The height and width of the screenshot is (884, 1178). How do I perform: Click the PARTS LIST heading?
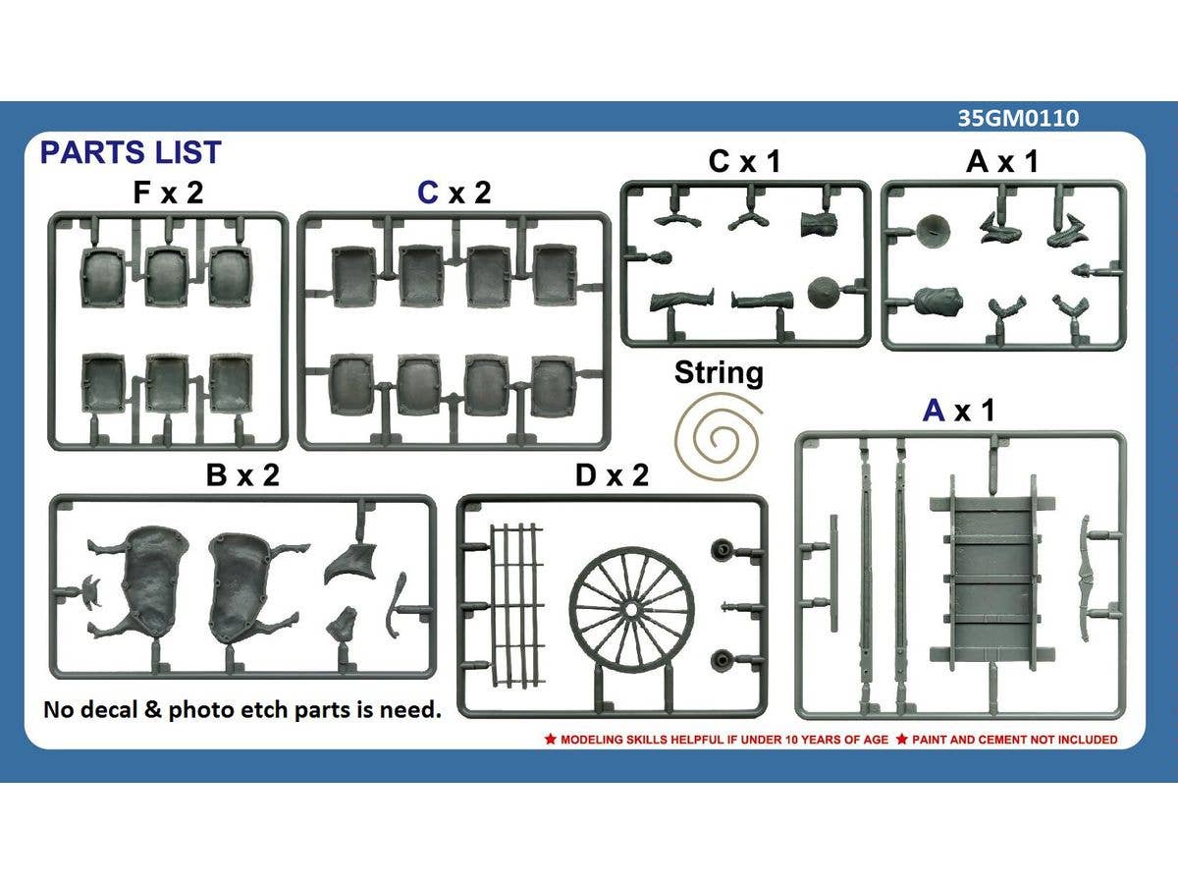coord(130,152)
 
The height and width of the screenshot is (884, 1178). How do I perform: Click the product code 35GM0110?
coord(1018,118)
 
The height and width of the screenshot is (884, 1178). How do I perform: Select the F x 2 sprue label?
coord(168,193)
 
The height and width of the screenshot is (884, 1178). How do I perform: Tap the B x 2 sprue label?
coord(242,475)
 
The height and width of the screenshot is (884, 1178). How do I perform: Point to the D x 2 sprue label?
coord(613,475)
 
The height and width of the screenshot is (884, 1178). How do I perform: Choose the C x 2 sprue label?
coord(454,193)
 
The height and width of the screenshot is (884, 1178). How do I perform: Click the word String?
coord(719,373)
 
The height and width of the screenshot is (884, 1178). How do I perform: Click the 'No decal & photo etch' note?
coord(241,709)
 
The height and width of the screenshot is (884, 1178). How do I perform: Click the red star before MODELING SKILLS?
coord(550,739)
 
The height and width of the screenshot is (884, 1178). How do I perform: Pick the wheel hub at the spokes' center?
coord(633,608)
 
